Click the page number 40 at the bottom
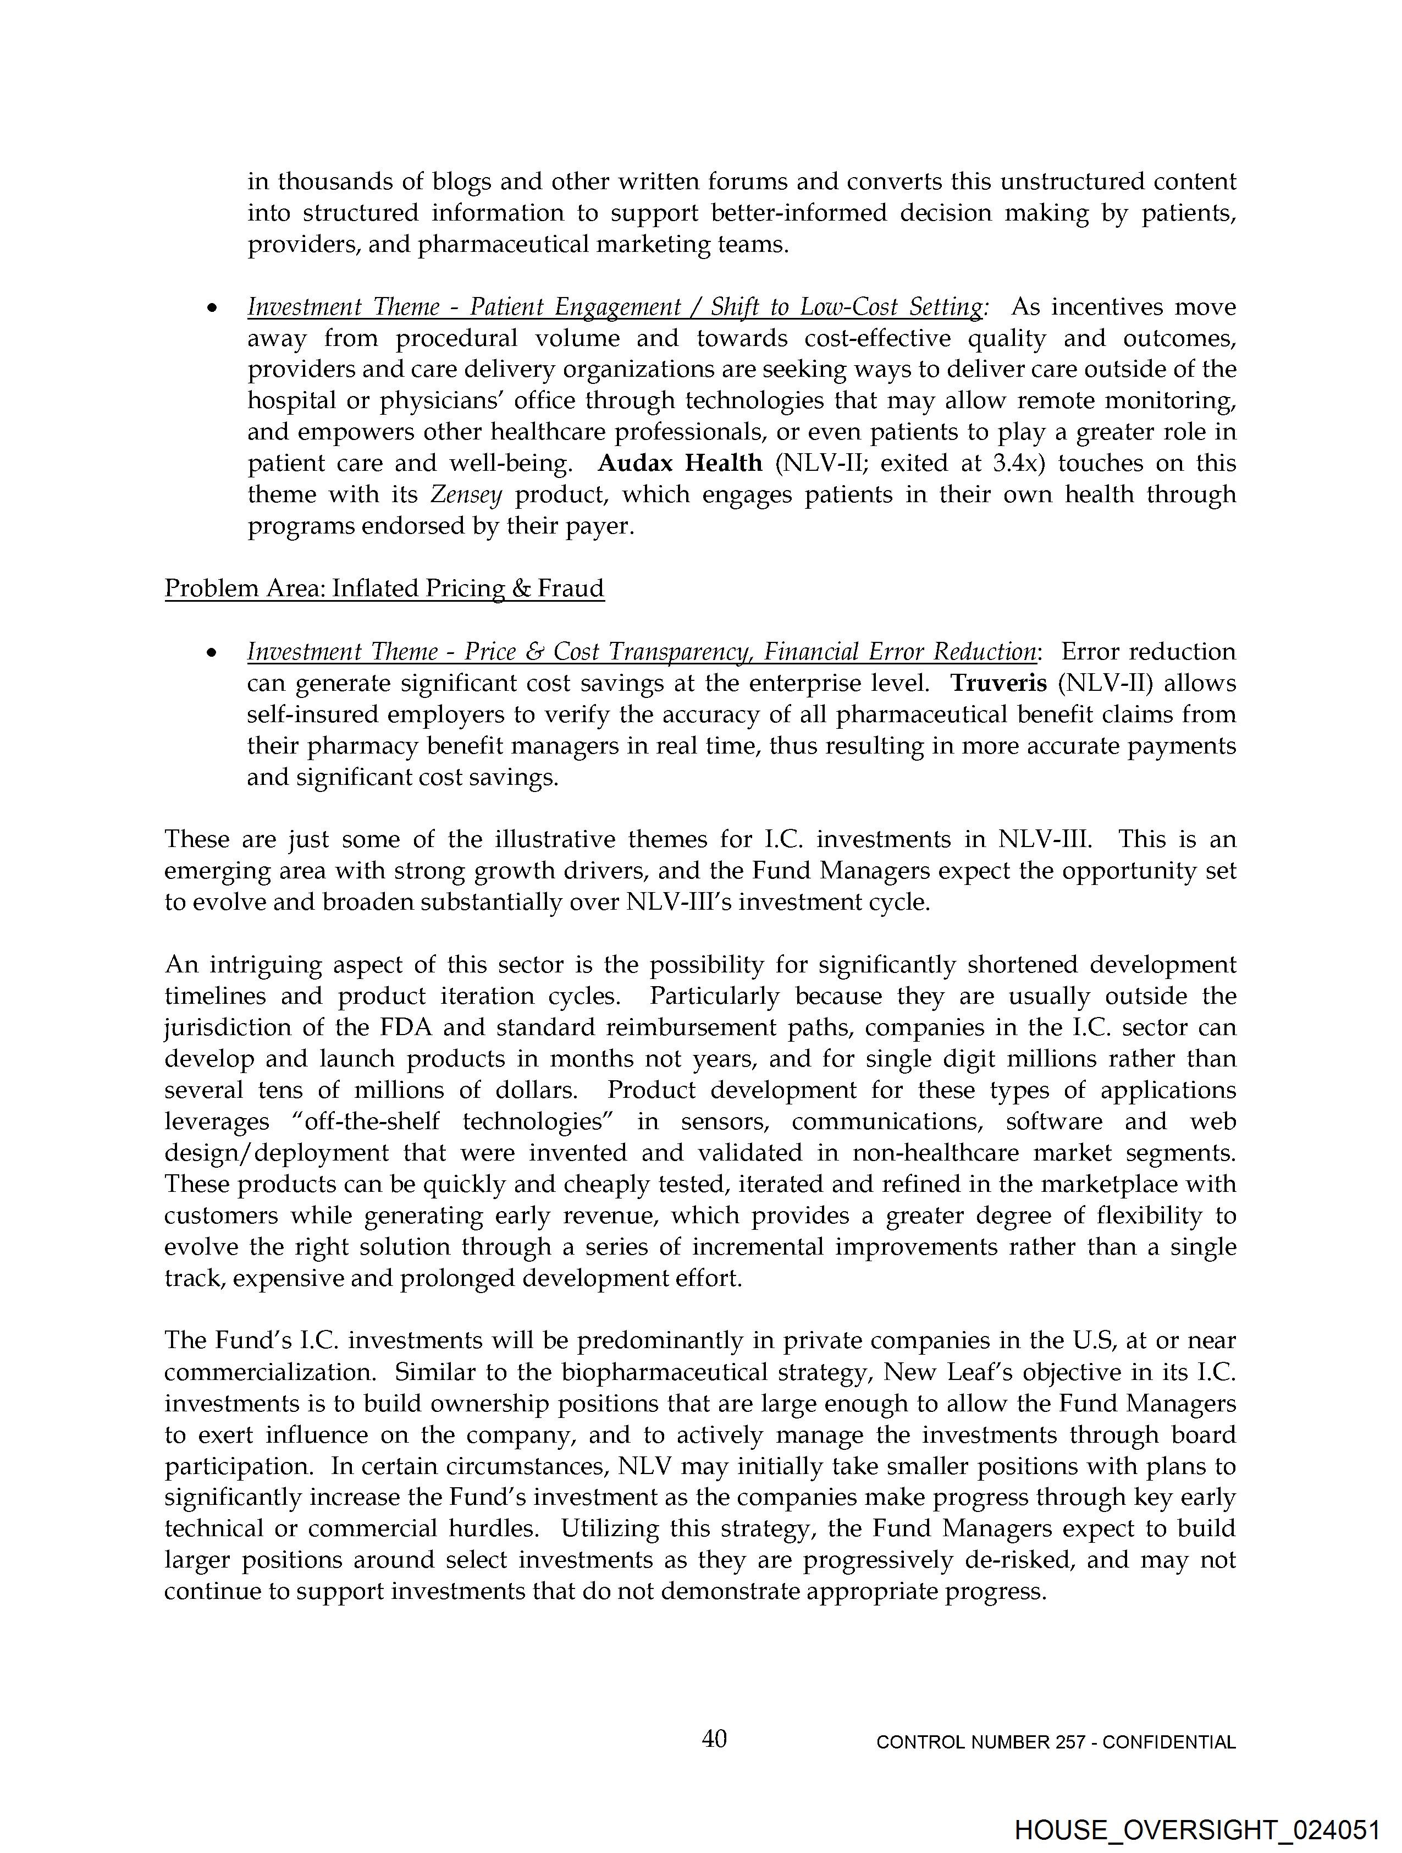point(714,1739)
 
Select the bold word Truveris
point(998,684)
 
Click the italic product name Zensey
point(466,495)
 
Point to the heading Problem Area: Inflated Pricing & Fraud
point(384,589)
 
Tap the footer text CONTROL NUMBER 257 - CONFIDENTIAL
point(1055,1742)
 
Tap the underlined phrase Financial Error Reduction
point(901,652)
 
